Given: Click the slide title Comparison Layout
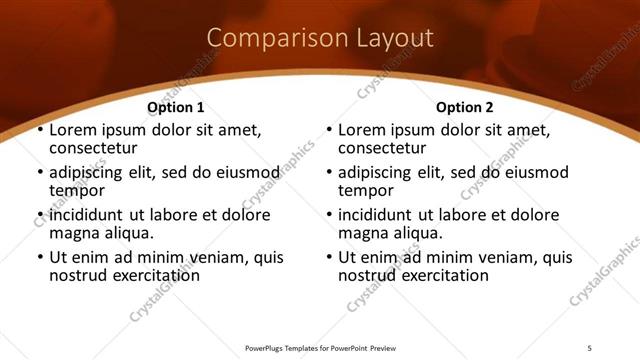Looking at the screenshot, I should [320, 39].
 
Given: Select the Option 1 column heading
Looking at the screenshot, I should [176, 107].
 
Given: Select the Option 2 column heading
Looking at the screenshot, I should [465, 107].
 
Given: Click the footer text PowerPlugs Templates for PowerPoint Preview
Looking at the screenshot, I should [320, 348].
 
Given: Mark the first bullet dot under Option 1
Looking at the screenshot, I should [39, 131].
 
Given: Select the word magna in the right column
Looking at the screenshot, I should [362, 233].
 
